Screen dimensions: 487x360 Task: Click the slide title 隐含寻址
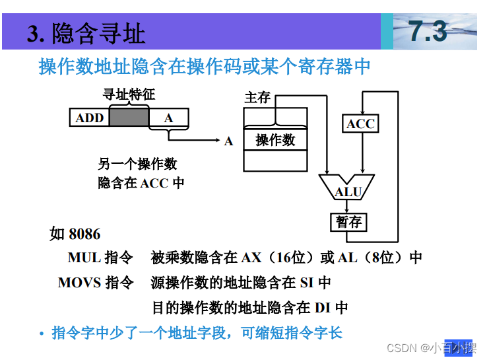86,33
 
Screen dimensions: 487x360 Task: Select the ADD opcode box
90,118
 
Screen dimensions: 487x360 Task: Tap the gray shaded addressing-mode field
129,118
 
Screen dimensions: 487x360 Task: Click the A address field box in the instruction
169,118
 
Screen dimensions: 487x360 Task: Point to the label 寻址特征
129,94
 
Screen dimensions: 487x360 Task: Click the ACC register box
360,124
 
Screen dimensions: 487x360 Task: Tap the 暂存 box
348,222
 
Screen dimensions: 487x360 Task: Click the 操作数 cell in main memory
275,139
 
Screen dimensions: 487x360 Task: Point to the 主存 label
257,98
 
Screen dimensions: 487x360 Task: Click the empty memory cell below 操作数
275,161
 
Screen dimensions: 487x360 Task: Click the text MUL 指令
100,258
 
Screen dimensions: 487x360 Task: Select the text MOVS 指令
96,283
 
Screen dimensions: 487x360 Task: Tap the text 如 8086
75,234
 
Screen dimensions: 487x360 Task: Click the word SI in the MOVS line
307,283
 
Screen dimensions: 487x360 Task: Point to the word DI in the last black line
323,307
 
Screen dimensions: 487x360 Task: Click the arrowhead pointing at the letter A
216,140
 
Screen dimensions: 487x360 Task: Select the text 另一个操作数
137,164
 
